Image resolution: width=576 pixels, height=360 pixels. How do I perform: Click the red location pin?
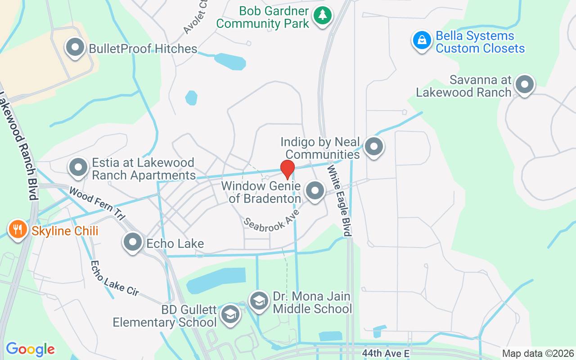point(288,169)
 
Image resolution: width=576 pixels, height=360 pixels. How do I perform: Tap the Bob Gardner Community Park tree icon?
point(322,15)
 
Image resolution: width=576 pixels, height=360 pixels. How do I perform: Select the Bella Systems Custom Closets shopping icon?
point(422,40)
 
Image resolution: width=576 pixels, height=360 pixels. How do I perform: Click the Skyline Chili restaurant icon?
point(18,229)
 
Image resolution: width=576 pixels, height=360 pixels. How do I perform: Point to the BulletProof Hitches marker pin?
point(75,47)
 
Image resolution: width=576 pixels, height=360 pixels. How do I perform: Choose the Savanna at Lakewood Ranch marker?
point(524,84)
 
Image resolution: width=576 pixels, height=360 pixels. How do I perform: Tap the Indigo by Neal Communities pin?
point(373,146)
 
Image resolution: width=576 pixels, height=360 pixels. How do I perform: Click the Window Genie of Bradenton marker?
point(315,190)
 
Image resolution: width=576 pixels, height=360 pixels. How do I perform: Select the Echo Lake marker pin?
point(133,242)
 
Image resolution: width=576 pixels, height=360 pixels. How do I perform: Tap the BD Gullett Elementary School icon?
point(230,314)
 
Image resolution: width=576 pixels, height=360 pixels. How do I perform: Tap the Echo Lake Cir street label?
point(114,278)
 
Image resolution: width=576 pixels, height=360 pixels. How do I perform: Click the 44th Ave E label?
point(386,354)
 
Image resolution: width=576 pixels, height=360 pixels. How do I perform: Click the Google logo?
point(30,349)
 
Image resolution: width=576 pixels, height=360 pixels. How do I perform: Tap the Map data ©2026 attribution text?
point(538,354)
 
